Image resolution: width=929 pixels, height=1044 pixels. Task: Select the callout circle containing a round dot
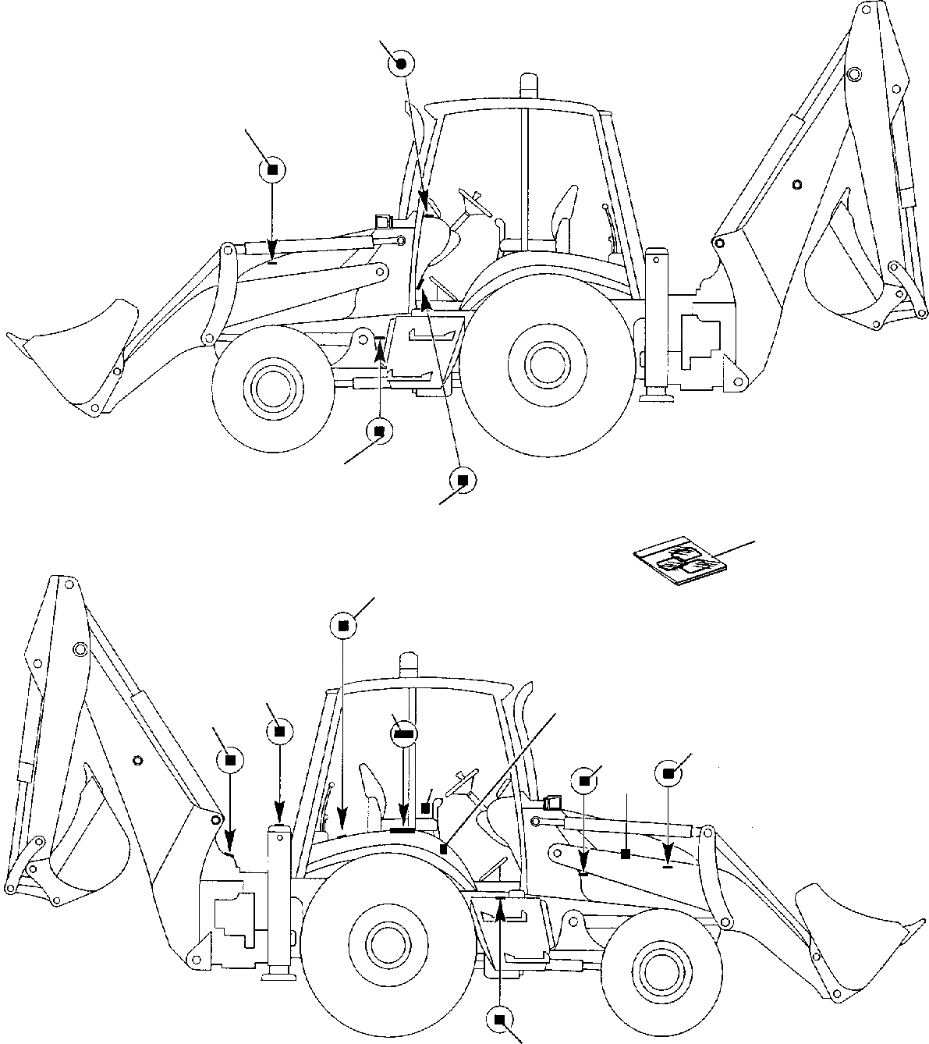pos(400,65)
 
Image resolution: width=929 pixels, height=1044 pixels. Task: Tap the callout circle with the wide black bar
pos(403,733)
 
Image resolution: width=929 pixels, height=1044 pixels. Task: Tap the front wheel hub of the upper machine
pos(272,385)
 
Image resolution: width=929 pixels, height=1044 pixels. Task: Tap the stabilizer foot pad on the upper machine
pos(655,399)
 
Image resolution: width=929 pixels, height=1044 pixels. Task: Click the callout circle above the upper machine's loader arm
pos(272,170)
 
